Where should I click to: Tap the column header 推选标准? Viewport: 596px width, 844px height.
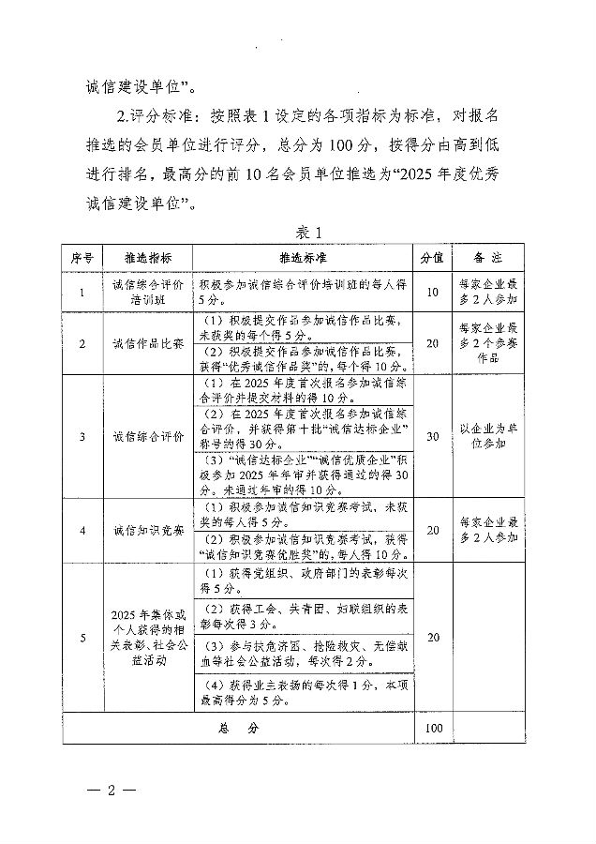[303, 257]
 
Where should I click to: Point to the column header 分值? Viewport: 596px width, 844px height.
[431, 257]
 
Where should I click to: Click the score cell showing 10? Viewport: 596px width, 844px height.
[432, 292]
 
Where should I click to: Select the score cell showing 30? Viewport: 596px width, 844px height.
[432, 436]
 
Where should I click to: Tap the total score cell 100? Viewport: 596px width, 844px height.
[432, 727]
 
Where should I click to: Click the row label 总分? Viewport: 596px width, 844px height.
[244, 727]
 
